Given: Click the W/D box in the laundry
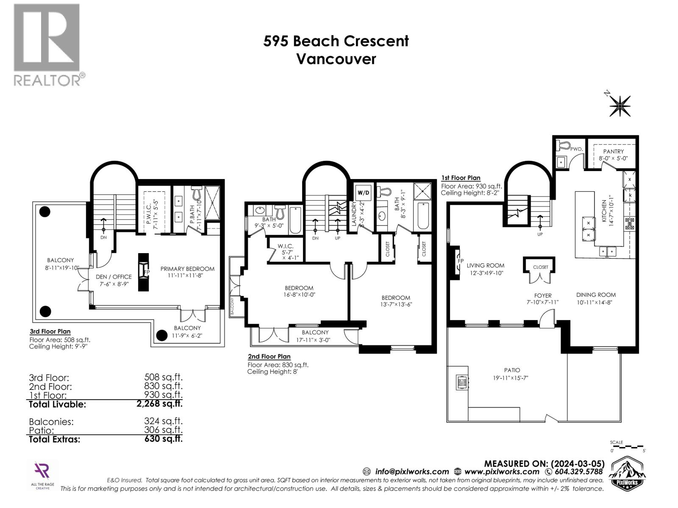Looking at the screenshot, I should point(363,193).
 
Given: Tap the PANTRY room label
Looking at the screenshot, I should point(613,152).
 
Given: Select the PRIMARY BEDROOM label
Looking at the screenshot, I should point(187,269).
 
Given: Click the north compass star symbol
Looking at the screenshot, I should point(620,106).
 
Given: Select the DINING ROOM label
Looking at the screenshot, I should point(596,295).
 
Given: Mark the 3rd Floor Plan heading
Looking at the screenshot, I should point(50,331).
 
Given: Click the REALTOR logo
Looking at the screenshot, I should point(47,44).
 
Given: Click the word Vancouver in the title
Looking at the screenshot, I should point(336,59).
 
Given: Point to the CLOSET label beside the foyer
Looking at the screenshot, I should point(540,267).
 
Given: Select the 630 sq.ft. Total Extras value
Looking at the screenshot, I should point(163,439).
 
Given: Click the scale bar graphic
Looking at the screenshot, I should point(627,447).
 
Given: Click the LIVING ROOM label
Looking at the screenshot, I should point(486,266).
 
